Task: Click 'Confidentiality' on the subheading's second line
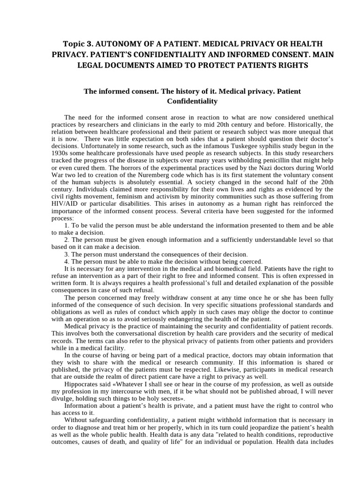(192, 101)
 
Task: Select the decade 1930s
(61, 153)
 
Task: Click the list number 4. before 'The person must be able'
(67, 262)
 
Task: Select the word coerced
(250, 262)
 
